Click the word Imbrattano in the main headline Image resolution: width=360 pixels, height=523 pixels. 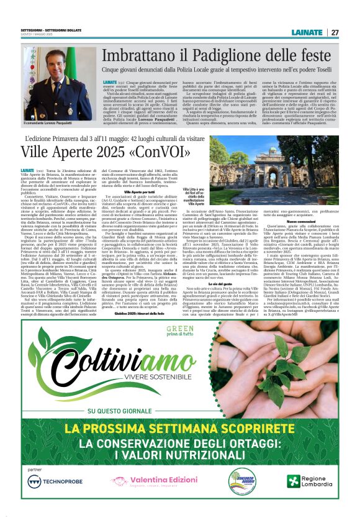pyautogui.click(x=140, y=60)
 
